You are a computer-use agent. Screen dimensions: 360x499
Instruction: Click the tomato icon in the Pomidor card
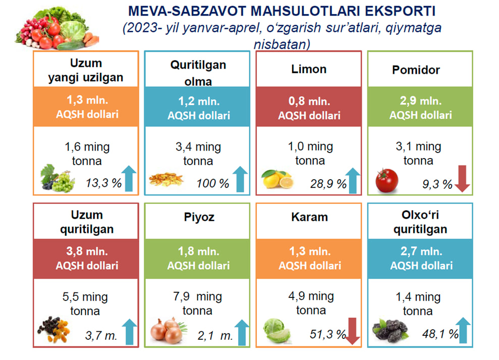(387, 179)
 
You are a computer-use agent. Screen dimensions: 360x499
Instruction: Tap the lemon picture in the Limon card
(277, 179)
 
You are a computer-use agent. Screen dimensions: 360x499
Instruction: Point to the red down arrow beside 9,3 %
(462, 180)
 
